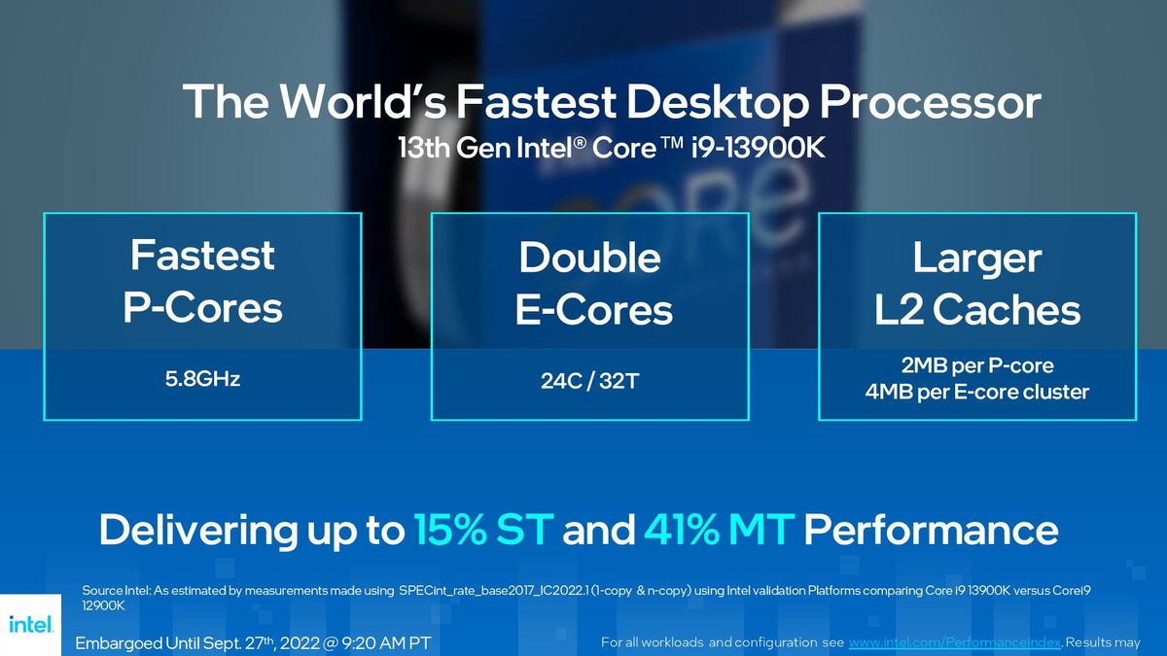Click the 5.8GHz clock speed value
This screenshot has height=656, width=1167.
pyautogui.click(x=202, y=379)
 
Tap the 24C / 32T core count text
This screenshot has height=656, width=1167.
pyautogui.click(x=589, y=381)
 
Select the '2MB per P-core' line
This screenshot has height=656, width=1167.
pyautogui.click(x=977, y=366)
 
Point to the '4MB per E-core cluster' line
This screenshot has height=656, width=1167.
pyautogui.click(x=977, y=393)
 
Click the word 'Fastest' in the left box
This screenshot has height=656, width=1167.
pyautogui.click(x=202, y=256)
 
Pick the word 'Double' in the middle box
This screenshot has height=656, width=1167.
pyautogui.click(x=589, y=258)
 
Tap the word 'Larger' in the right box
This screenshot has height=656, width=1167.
pyautogui.click(x=977, y=258)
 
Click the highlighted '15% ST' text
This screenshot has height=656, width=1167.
pyautogui.click(x=483, y=531)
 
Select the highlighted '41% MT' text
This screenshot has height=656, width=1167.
pyautogui.click(x=719, y=531)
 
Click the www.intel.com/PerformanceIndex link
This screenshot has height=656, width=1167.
pyautogui.click(x=954, y=643)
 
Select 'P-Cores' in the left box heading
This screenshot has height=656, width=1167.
pyautogui.click(x=202, y=308)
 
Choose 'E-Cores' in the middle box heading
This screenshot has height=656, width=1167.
pyautogui.click(x=593, y=310)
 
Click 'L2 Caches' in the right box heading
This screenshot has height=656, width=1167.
pyautogui.click(x=977, y=310)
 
